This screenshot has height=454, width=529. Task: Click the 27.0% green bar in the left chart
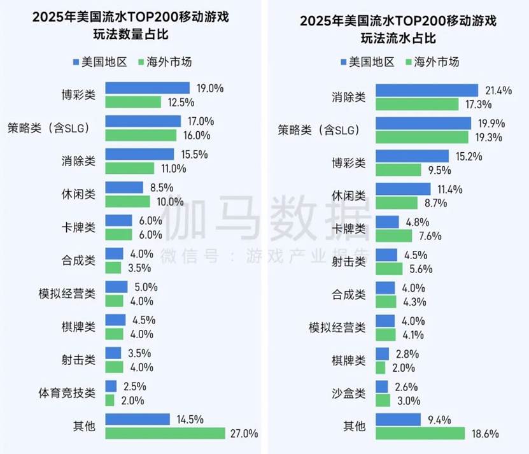pyautogui.click(x=165, y=434)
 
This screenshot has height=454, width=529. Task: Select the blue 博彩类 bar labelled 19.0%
pyautogui.click(x=147, y=88)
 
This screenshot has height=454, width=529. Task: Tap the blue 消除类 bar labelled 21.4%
pyautogui.click(x=426, y=90)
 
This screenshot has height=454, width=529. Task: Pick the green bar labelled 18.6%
pyautogui.click(x=420, y=433)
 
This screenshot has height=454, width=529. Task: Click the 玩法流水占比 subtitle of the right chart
pyautogui.click(x=399, y=38)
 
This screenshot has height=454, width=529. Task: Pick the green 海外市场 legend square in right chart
pyautogui.click(x=407, y=62)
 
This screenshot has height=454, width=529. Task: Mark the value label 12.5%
pyautogui.click(x=180, y=102)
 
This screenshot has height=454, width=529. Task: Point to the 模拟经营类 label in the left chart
pyautogui.click(x=67, y=294)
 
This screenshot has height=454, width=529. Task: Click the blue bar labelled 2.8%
pyautogui.click(x=382, y=353)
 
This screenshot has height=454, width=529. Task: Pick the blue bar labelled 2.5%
pyautogui.click(x=111, y=387)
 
